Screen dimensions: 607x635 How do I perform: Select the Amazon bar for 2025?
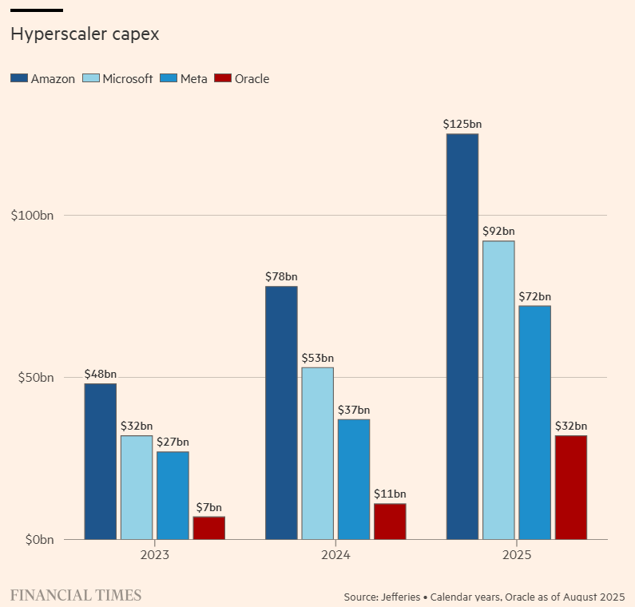coord(462,335)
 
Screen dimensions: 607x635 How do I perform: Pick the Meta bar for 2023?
coord(173,495)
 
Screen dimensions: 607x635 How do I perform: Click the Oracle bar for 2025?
coord(570,487)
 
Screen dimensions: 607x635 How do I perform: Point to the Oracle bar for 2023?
coord(208,528)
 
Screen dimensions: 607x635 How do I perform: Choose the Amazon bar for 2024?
coord(281,412)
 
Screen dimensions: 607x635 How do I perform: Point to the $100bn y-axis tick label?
coord(32,216)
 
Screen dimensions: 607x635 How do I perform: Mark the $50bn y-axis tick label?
coord(36,377)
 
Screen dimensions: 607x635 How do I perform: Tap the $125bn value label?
coord(462,124)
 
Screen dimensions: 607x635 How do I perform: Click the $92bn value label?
coord(498,231)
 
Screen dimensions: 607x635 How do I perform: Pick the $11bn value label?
coord(390,494)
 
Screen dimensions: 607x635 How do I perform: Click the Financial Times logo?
coord(76,595)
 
